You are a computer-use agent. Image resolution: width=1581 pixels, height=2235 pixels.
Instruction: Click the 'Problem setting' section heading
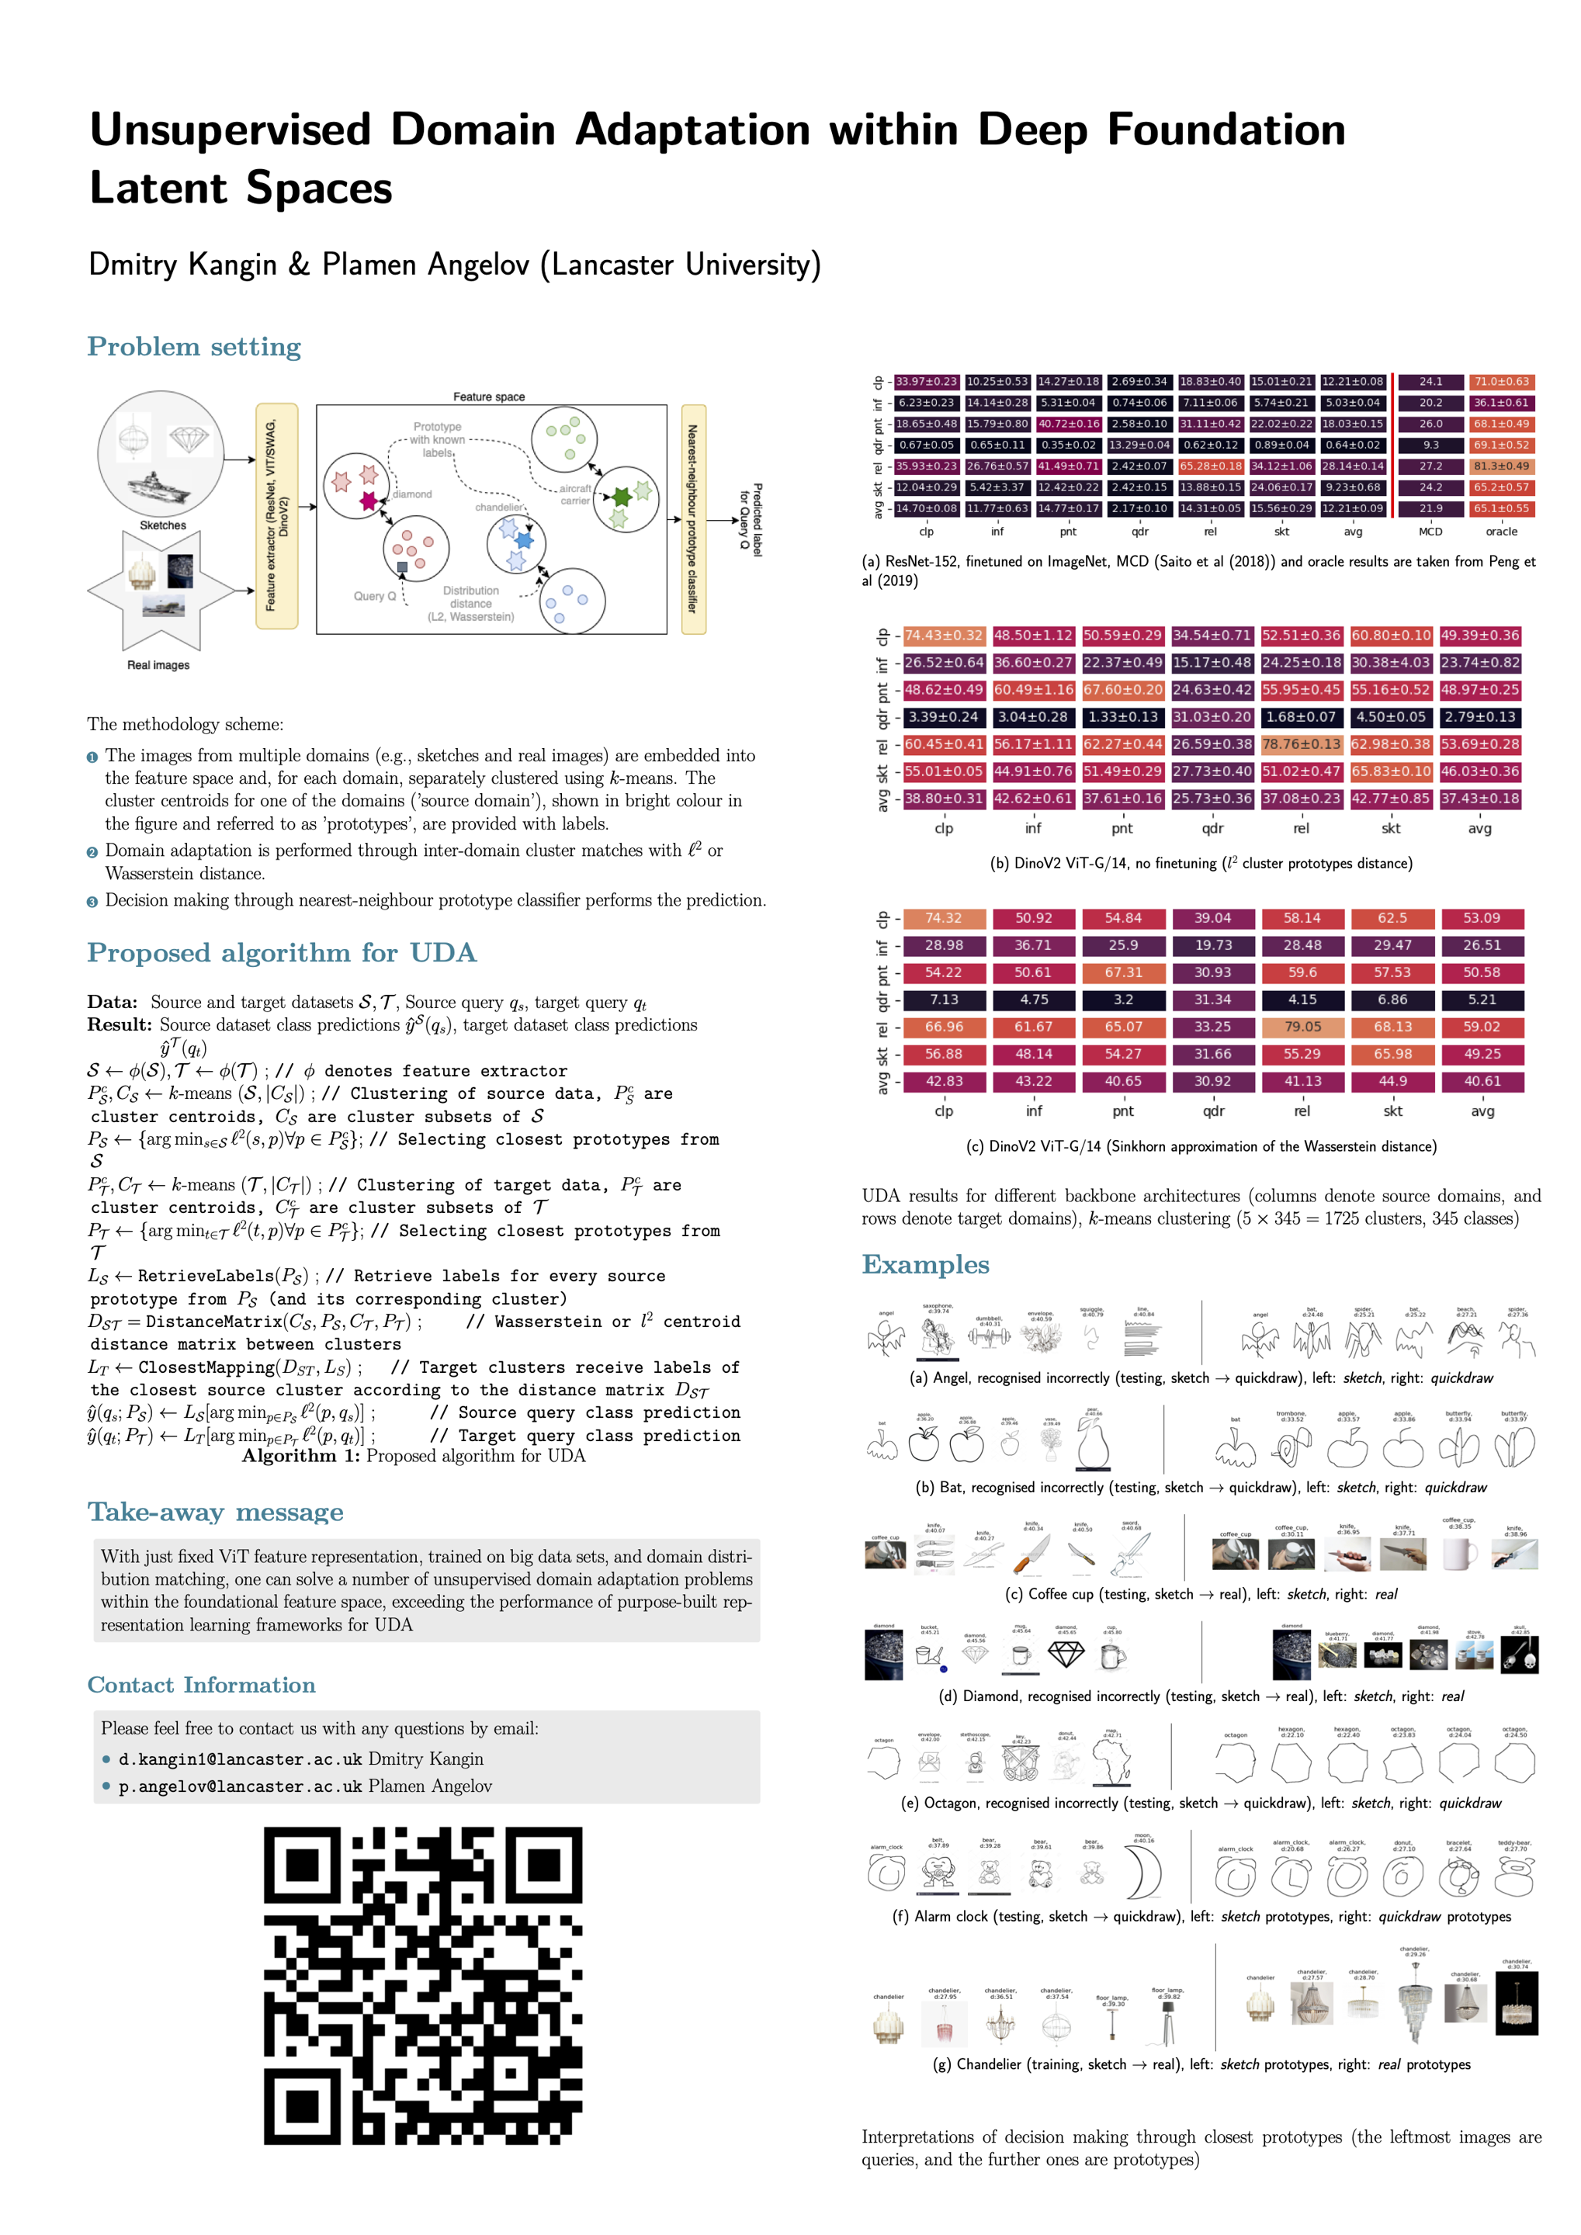click(x=194, y=347)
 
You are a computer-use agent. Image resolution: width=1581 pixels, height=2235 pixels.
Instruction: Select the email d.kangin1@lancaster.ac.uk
click(x=240, y=1759)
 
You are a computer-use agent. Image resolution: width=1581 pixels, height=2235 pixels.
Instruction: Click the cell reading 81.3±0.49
click(x=1501, y=466)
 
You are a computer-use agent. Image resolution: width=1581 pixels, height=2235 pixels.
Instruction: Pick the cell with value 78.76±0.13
click(x=1302, y=745)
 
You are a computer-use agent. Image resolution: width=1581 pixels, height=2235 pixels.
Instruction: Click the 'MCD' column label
click(x=1430, y=532)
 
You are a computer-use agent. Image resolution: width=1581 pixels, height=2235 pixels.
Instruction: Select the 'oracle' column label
click(x=1501, y=532)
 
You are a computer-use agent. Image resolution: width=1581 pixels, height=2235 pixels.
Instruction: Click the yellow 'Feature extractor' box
click(x=276, y=516)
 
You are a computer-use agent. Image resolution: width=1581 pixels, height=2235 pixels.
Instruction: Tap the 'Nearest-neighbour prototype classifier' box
click(x=693, y=519)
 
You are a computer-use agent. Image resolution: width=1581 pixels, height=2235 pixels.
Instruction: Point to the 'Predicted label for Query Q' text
click(x=751, y=519)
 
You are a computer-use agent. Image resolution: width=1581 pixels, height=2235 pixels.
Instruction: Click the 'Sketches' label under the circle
click(x=162, y=525)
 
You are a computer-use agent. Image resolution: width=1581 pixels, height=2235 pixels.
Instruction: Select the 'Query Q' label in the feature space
click(x=374, y=596)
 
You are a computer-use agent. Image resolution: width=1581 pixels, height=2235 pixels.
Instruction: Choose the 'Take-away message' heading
click(x=215, y=1512)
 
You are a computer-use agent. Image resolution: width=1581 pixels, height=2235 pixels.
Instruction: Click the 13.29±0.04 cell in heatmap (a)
click(x=1139, y=445)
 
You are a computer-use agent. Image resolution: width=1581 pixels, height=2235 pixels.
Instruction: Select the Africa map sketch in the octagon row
click(x=1111, y=1761)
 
